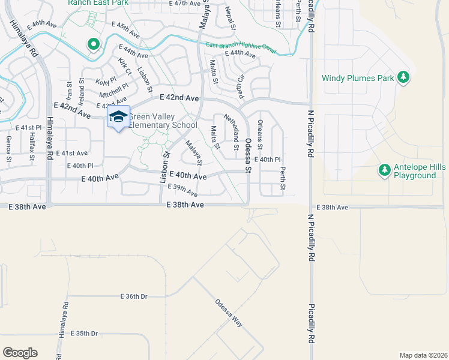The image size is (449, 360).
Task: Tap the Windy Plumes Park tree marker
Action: tap(404, 77)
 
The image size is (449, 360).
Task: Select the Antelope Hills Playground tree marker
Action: tap(385, 170)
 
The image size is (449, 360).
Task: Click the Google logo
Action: tap(20, 352)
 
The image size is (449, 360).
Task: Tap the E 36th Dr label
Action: tap(133, 296)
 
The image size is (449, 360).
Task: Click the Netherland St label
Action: tap(231, 130)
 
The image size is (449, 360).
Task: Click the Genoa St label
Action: tap(9, 149)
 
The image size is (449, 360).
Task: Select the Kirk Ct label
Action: tap(125, 67)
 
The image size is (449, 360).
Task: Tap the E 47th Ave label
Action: tap(184, 4)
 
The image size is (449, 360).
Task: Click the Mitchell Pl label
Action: tap(113, 89)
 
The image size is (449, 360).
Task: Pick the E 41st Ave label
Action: tap(72, 154)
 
